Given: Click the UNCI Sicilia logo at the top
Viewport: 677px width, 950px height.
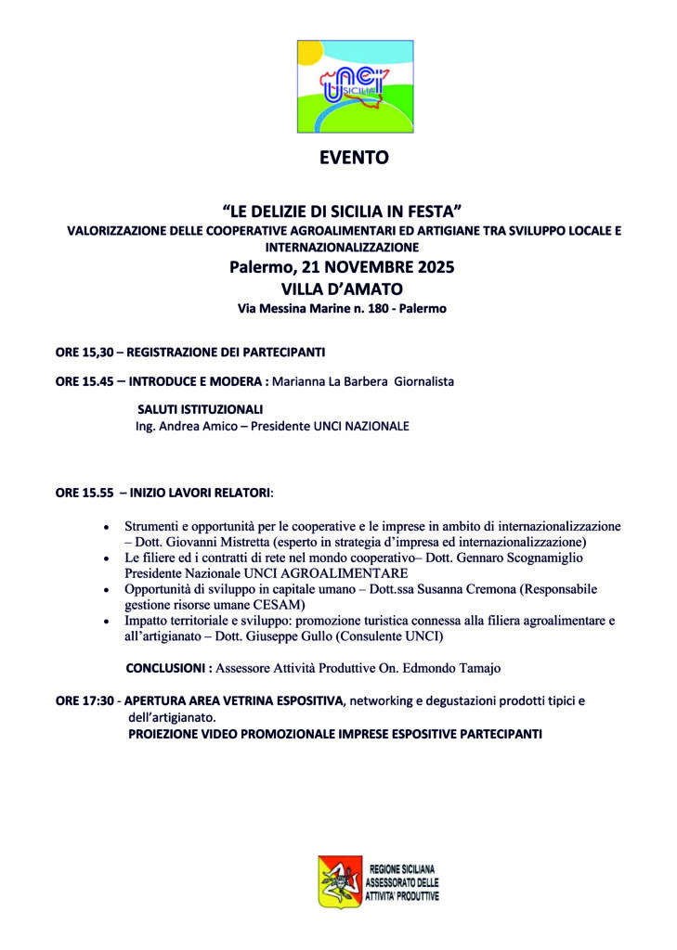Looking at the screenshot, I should point(355,86).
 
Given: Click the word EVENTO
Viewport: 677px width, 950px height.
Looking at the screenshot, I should point(354,159).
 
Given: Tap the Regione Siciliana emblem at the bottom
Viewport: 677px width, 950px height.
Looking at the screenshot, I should point(340,880).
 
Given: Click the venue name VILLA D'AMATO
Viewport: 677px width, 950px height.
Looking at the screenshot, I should point(341,289).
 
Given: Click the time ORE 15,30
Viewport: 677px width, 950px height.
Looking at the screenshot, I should point(85,353).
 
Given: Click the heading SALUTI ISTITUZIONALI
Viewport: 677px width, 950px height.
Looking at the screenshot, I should point(200,409).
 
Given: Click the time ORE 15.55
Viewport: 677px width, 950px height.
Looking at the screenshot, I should point(85,493).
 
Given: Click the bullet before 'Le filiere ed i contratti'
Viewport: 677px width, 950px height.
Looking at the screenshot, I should point(109,558).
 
